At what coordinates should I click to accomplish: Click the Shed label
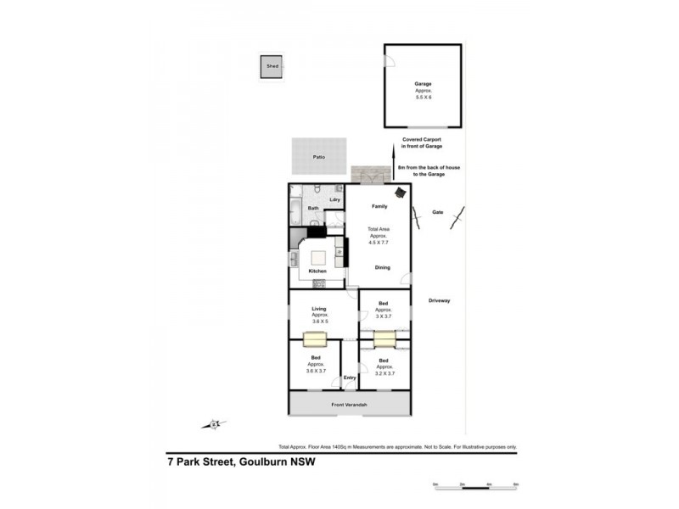(x=272, y=65)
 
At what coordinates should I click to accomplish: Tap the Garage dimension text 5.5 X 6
(x=423, y=98)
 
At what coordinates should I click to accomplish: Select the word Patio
(x=319, y=157)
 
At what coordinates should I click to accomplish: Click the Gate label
(x=438, y=212)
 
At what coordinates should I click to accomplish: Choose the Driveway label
(x=439, y=300)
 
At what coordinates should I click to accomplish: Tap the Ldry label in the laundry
(x=334, y=199)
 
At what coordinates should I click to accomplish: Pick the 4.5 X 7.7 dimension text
(x=378, y=243)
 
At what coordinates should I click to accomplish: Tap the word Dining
(x=383, y=268)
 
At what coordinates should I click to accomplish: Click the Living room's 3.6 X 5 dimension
(x=319, y=322)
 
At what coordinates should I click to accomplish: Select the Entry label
(x=350, y=378)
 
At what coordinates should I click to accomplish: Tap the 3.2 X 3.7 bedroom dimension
(x=384, y=373)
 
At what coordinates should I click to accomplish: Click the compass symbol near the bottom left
(x=216, y=422)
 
